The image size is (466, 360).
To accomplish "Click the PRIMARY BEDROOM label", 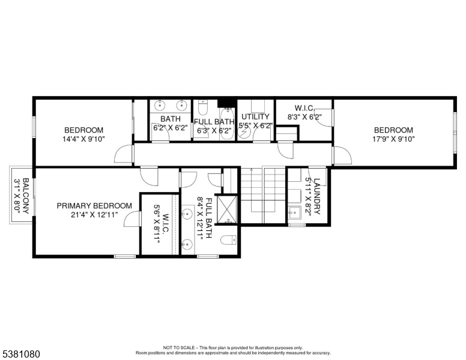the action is pos(94,206).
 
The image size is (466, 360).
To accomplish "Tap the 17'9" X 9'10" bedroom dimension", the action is pos(393,139).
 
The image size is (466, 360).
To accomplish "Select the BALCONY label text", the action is pos(26,196).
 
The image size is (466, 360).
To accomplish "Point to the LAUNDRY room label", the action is pos(317,196).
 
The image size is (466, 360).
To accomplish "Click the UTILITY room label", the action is pos(255,116).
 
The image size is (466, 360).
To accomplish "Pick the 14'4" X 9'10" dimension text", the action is pos(83,139).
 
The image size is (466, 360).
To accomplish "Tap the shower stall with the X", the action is pos(227,209).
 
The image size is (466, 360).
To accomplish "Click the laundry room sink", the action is pos(294,212).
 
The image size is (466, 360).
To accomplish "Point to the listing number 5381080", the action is pos(21,354).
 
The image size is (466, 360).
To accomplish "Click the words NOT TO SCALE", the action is pos(179,347).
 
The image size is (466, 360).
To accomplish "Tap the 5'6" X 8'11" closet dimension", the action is pos(157,224).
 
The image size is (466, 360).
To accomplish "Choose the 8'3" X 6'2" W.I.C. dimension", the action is pos(304,117).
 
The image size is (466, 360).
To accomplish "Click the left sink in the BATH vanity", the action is pos(160,105).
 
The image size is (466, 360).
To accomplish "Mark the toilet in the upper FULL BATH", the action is pos(202,107).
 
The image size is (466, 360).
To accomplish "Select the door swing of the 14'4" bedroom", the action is pos(123,154).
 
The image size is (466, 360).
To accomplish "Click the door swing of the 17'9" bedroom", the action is pos(342,155).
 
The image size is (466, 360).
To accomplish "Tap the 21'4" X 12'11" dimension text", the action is pos(94,214).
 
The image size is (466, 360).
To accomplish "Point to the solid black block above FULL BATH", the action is pos(227,103).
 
